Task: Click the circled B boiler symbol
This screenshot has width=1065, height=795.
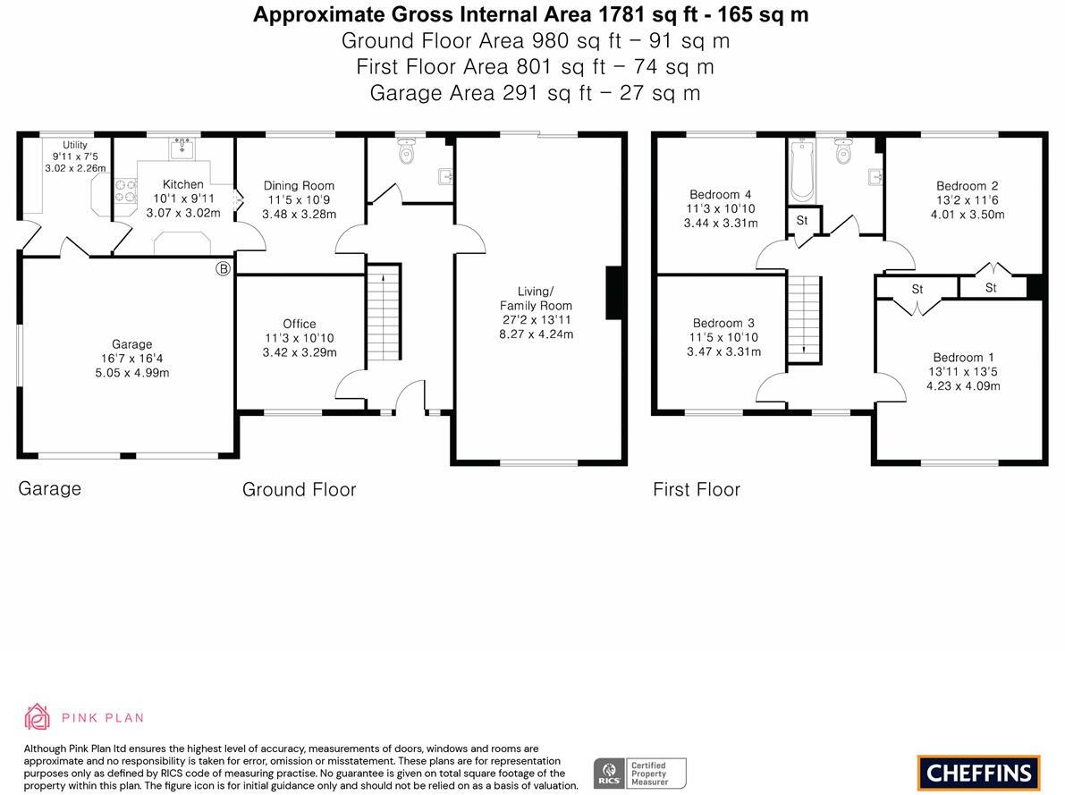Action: click(x=223, y=268)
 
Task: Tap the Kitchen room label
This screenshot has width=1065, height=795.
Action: click(x=182, y=184)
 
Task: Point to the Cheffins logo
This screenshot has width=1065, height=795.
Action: click(x=978, y=773)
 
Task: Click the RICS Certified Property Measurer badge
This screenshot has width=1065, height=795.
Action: click(x=640, y=773)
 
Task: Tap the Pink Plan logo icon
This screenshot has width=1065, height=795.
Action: click(x=38, y=716)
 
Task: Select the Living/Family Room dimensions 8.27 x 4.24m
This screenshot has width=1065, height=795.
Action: click(x=536, y=334)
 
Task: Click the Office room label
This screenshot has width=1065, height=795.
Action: click(x=299, y=324)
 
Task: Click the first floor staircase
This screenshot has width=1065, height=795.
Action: click(x=804, y=318)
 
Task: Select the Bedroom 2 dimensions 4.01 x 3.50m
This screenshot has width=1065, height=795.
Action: click(x=968, y=215)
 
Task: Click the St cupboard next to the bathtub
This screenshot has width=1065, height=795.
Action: click(x=802, y=221)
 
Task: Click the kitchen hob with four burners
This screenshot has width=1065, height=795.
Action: click(x=125, y=189)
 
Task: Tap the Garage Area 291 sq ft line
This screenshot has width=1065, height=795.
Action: click(x=535, y=92)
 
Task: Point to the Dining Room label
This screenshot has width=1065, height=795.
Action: click(x=299, y=185)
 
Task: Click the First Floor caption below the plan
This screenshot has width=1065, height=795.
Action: click(x=696, y=489)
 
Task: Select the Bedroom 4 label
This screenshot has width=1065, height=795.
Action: click(x=720, y=194)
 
